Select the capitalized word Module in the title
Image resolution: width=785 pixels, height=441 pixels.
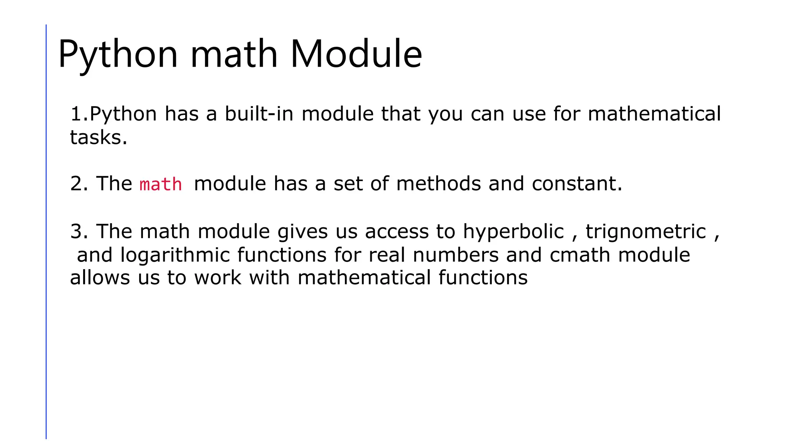pyautogui.click(x=356, y=54)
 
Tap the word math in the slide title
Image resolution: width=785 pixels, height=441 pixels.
pyautogui.click(x=234, y=54)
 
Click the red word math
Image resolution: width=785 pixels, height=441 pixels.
pyautogui.click(x=161, y=185)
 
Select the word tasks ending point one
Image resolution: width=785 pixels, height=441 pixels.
pyautogui.click(x=98, y=137)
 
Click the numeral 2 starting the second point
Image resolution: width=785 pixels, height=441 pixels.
pyautogui.click(x=76, y=183)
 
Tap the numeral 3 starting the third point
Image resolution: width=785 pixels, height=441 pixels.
pyautogui.click(x=76, y=231)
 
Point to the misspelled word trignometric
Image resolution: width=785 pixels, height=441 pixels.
pyautogui.click(x=646, y=231)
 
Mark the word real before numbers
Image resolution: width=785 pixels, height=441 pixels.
pyautogui.click(x=387, y=255)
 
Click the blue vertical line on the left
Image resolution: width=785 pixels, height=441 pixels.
pyautogui.click(x=46, y=230)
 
